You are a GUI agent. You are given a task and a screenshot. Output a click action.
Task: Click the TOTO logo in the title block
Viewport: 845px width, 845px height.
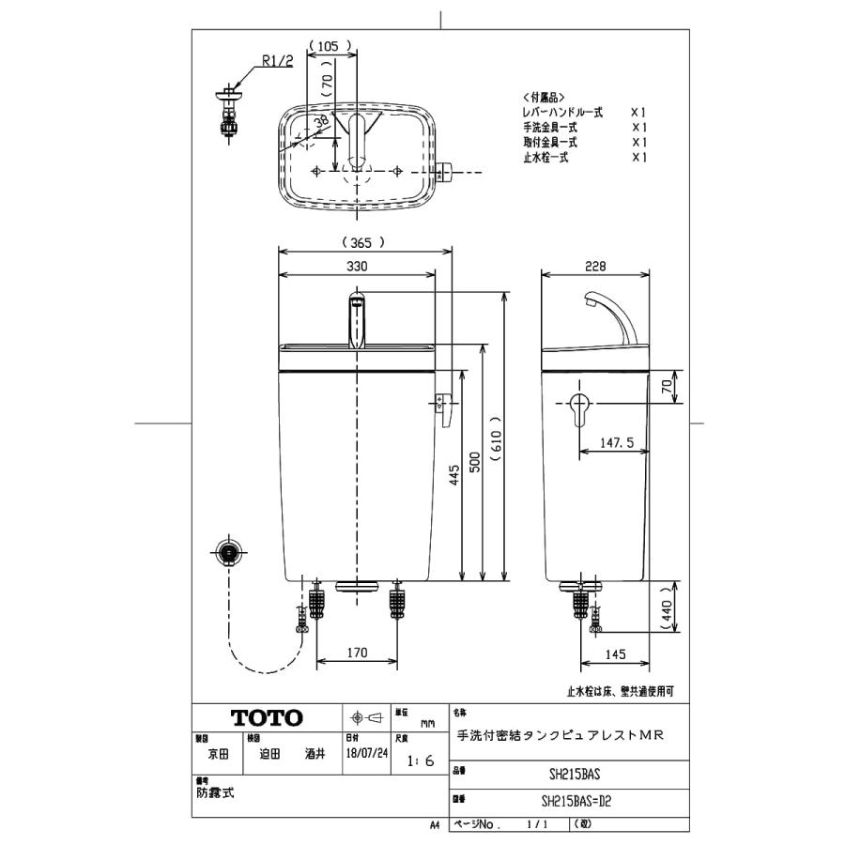point(267,718)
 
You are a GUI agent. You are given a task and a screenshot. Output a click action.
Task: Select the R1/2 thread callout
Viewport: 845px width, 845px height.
point(277,63)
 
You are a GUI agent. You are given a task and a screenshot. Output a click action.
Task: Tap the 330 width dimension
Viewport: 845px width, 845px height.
point(357,267)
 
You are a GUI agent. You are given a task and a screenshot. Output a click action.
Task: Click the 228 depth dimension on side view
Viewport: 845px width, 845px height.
point(595,267)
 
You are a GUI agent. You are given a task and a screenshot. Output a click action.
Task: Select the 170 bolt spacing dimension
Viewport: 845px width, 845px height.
point(355,651)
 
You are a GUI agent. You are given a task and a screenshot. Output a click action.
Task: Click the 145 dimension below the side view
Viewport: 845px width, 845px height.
point(616,651)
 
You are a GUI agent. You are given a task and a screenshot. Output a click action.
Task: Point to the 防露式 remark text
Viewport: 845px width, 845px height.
point(215,792)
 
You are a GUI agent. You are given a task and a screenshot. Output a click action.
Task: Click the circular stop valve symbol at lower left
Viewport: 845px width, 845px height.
point(227,552)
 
